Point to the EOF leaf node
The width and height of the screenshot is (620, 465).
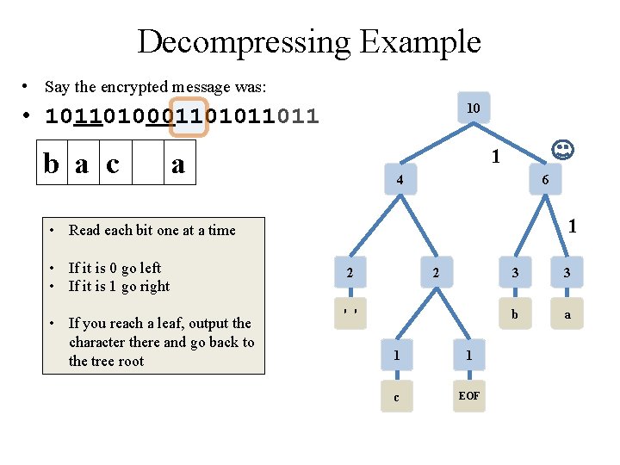click(469, 395)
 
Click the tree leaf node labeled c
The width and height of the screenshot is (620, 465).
click(396, 396)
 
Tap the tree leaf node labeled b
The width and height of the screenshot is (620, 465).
click(515, 314)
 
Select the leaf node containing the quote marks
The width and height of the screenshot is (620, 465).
click(349, 313)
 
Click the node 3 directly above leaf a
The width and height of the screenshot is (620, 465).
click(567, 274)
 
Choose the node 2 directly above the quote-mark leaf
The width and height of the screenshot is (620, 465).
click(349, 274)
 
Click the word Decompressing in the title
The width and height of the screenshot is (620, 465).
click(242, 41)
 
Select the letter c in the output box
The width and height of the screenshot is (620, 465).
click(113, 164)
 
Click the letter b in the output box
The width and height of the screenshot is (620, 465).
click(53, 164)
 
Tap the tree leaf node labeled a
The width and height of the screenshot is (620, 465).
click(567, 314)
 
